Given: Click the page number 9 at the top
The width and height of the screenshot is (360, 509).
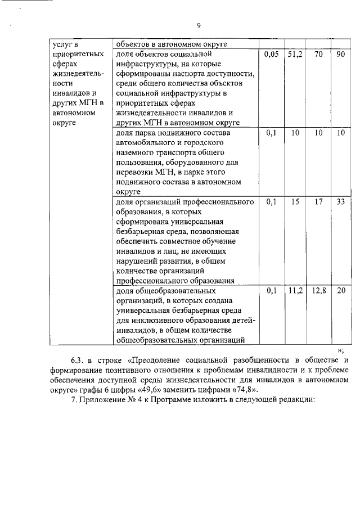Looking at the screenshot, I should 199,25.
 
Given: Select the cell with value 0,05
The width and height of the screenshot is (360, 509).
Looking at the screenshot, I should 271,55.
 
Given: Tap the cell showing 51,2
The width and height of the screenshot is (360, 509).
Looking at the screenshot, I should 295,55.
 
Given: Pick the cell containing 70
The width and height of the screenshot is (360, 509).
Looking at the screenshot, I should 318,55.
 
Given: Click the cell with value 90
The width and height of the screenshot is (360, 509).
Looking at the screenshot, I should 340,55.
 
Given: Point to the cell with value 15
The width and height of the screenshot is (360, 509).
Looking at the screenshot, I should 295,201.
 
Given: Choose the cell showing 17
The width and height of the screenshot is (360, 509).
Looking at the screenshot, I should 318,201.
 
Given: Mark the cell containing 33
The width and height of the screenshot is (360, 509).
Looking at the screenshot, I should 340,201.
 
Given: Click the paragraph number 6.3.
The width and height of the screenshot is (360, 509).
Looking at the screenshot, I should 76,360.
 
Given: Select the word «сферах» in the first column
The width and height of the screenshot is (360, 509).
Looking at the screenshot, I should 64,65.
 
